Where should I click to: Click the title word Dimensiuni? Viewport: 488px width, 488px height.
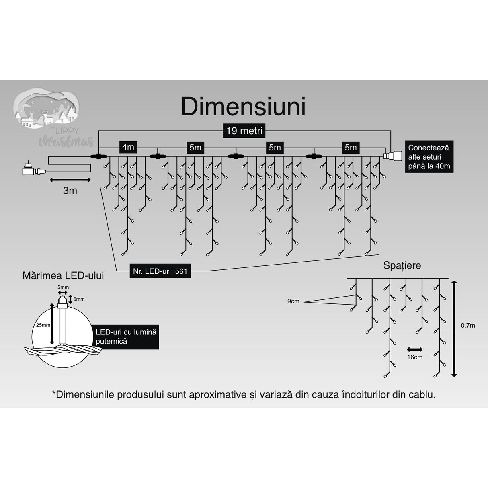click(x=243, y=107)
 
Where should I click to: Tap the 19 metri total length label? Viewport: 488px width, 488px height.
click(x=244, y=131)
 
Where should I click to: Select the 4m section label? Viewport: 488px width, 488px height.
click(x=128, y=147)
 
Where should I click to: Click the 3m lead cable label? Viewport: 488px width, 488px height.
click(x=70, y=191)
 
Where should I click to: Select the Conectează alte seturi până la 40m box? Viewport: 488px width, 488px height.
click(x=429, y=157)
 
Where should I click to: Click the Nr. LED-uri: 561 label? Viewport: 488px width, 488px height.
click(x=160, y=271)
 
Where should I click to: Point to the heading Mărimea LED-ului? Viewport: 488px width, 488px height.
click(x=63, y=275)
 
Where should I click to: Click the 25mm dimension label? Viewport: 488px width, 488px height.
click(x=43, y=325)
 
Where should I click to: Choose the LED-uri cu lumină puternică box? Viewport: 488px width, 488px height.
click(x=125, y=337)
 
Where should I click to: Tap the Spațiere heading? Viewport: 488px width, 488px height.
click(x=402, y=265)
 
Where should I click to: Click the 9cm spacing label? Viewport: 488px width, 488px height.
click(x=293, y=301)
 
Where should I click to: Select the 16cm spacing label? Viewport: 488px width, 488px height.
click(x=414, y=357)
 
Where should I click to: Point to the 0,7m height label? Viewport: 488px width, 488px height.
click(x=467, y=325)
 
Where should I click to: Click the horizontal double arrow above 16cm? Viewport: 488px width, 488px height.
click(x=414, y=349)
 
